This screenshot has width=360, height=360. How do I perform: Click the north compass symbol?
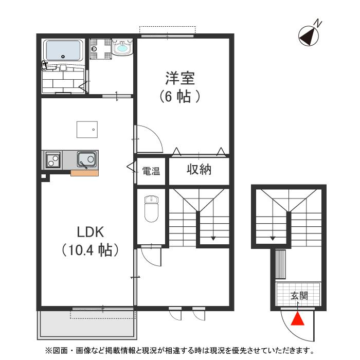pyautogui.click(x=309, y=34)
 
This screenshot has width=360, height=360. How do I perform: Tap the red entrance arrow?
pyautogui.click(x=297, y=319)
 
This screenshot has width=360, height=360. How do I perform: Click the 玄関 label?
pyautogui.click(x=298, y=296)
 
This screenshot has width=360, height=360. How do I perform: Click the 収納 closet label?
pyautogui.click(x=199, y=170)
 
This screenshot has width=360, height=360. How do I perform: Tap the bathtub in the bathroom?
pyautogui.click(x=64, y=50)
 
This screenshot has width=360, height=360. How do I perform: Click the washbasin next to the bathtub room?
pyautogui.click(x=122, y=48)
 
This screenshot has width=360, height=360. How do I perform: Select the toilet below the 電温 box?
pyautogui.click(x=151, y=208)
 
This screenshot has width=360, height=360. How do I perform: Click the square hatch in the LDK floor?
pyautogui.click(x=87, y=129)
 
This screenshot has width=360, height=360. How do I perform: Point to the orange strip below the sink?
pyautogui.click(x=84, y=173)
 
